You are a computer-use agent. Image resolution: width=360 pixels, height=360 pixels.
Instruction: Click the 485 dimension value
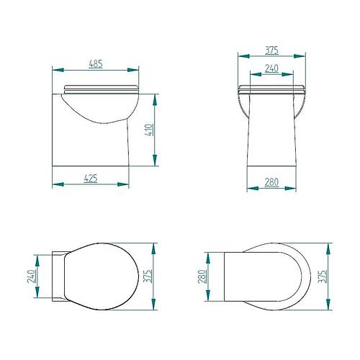click(x=95, y=63)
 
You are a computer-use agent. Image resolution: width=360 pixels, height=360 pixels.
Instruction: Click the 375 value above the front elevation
click(x=271, y=50)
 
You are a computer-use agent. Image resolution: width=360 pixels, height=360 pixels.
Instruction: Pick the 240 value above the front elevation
click(x=271, y=69)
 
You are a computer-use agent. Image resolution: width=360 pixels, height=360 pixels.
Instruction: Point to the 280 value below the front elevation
click(x=271, y=183)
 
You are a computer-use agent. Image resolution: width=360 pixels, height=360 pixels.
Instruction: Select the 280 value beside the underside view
click(x=203, y=276)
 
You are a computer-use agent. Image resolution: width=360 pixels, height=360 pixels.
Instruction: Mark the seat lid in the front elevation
click(x=271, y=89)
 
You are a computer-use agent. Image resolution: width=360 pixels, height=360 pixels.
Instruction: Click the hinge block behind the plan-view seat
click(x=58, y=276)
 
